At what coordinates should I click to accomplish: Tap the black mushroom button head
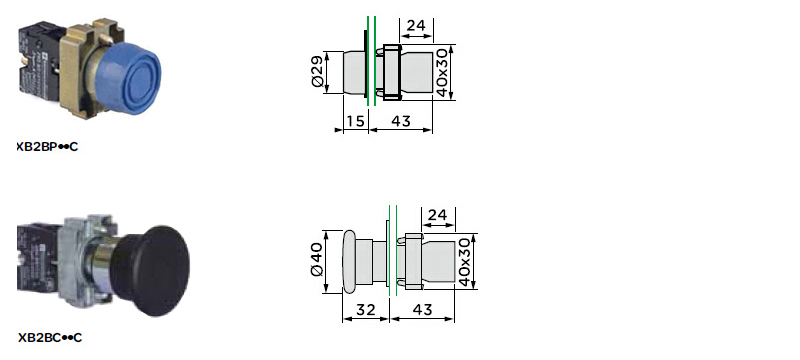tap(162, 271)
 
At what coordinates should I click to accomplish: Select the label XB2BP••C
tap(47, 147)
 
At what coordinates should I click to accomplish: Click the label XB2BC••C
tap(49, 338)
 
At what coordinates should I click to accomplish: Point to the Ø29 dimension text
tap(317, 72)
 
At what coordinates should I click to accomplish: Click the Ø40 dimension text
tap(316, 260)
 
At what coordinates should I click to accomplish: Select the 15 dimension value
tap(356, 121)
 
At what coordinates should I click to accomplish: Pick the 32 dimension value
tap(365, 310)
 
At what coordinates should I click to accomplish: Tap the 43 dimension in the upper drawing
tap(401, 121)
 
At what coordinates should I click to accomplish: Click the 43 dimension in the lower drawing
tap(422, 310)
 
